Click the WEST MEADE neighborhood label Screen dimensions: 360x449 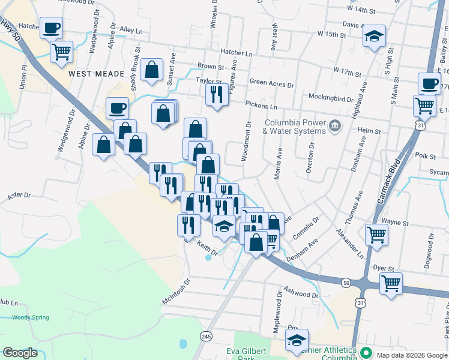coord(96,74)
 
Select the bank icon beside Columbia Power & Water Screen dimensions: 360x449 coord(334,125)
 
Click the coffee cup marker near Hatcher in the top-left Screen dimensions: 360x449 coord(51,27)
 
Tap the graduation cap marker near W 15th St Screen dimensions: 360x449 coord(373,36)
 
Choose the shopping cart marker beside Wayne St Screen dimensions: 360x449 coord(376,235)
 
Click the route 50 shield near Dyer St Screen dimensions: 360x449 coord(347,282)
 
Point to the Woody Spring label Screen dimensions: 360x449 coord(30,317)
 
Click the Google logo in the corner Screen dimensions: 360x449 coord(20,353)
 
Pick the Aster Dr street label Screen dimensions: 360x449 coord(19,196)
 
